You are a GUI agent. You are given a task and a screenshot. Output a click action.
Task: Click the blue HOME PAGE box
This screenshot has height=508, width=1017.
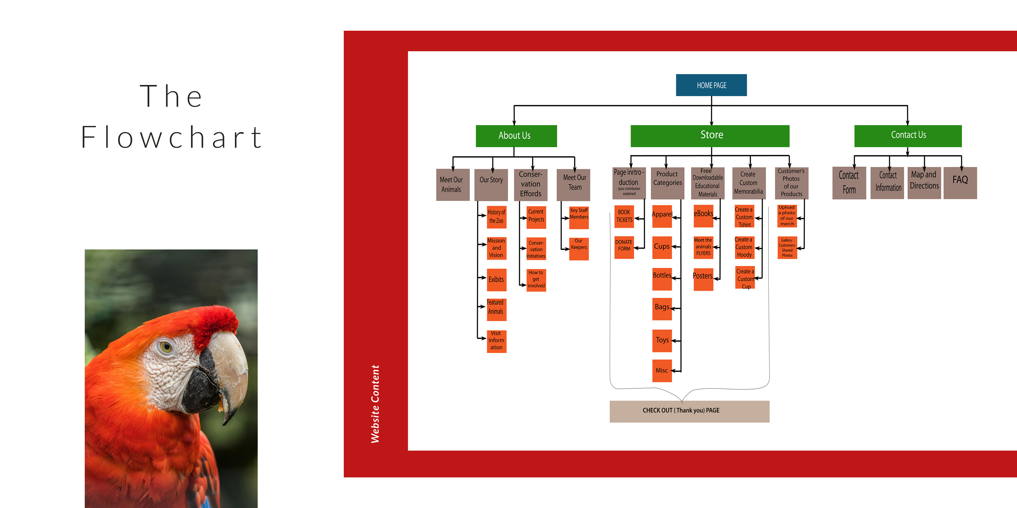711,85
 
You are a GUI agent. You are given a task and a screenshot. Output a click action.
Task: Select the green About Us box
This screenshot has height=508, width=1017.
516,136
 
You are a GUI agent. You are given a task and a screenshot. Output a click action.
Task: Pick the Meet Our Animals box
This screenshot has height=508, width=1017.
452,185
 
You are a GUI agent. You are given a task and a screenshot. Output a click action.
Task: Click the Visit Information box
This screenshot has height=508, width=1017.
496,341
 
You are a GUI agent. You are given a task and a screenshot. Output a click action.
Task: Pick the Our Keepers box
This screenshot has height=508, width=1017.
578,248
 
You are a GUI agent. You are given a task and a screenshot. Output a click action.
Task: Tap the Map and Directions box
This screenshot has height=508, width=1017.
924,183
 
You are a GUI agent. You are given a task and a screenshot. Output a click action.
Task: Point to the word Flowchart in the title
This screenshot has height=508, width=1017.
171,138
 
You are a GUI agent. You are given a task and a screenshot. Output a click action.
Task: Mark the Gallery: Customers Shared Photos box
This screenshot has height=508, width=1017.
787,248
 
